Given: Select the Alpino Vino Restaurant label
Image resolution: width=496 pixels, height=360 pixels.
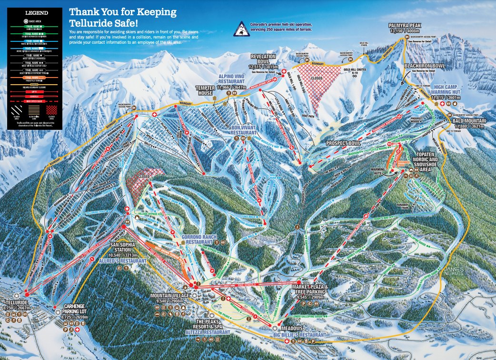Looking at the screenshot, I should [x=232, y=78].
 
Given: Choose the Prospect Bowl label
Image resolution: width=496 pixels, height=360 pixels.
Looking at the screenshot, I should [x=342, y=143].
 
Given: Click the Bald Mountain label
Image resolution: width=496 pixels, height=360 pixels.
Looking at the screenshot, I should [x=469, y=121].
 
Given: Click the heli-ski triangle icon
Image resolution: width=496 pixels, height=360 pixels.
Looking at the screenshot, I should [x=242, y=28].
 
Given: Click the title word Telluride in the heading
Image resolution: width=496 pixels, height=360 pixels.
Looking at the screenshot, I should [x=90, y=22].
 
